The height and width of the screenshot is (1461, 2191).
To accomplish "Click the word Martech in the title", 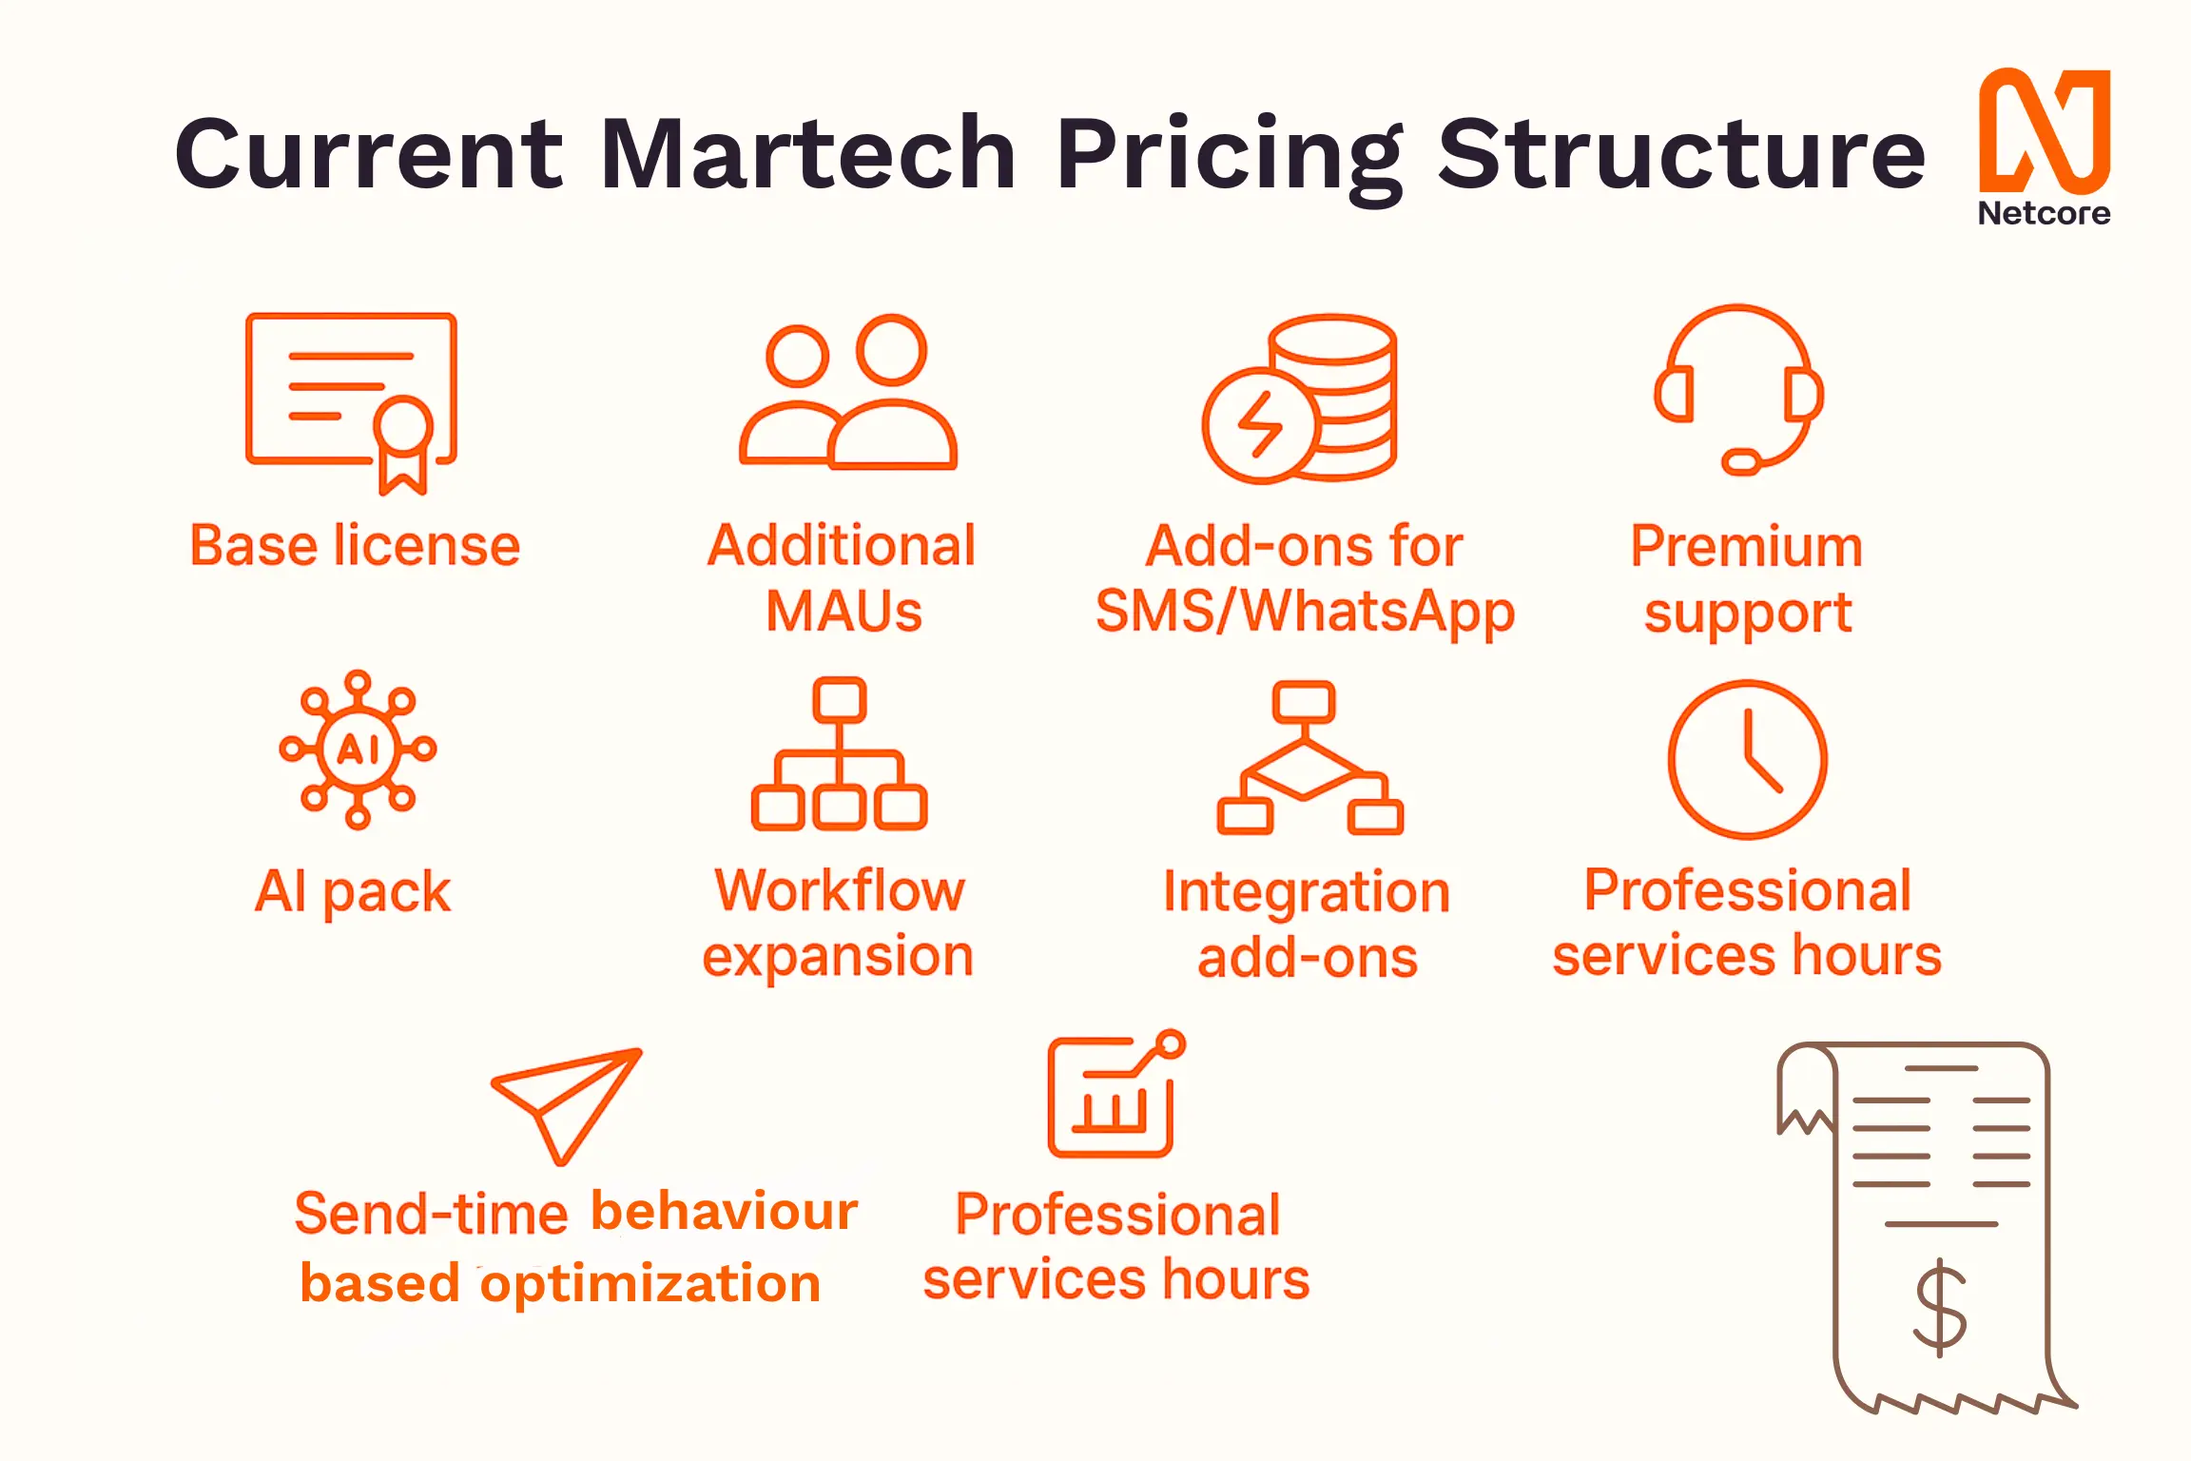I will [808, 153].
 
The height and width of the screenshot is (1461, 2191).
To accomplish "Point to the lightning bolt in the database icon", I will [1260, 424].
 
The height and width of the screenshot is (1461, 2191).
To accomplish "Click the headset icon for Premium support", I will [1738, 391].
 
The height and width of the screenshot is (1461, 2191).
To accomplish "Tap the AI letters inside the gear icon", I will [358, 750].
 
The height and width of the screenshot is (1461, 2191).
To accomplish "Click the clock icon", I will [1747, 759].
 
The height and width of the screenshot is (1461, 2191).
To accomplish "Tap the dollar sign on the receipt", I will [1939, 1308].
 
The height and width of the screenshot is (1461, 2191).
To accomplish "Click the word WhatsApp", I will [1378, 612].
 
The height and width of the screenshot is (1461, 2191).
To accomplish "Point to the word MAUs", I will [843, 612].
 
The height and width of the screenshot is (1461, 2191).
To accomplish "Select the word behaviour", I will [724, 1212].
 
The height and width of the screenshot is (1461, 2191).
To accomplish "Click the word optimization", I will [650, 1283].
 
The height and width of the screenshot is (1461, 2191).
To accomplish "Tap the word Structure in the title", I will [1680, 153].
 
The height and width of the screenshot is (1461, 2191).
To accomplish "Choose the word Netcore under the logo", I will [2044, 213].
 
